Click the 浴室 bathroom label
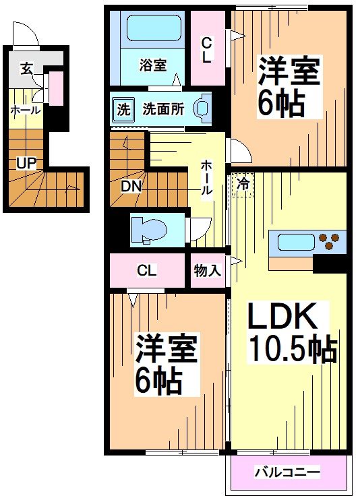pos(153,66)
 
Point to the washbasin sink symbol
pos(202,109)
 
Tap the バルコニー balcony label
pos(287,471)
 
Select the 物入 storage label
pos(208,271)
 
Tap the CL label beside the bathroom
pos(207,49)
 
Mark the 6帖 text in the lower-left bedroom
pos(160,383)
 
